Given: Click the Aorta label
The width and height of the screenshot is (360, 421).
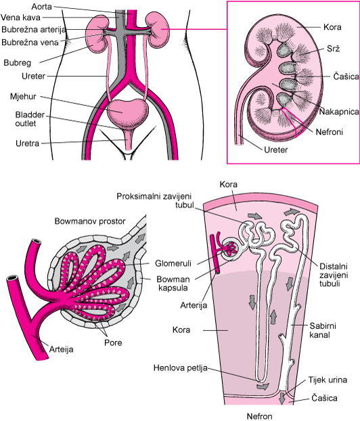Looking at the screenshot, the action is click(x=41, y=7).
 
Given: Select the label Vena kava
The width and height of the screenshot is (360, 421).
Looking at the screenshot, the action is click(x=21, y=18).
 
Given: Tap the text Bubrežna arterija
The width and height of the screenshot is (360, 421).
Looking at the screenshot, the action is click(x=34, y=30).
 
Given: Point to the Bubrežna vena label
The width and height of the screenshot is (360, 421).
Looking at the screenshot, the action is click(x=30, y=43).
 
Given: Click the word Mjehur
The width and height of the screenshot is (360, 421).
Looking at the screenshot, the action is click(x=23, y=97).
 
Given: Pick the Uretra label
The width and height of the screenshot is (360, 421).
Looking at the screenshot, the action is click(x=27, y=143).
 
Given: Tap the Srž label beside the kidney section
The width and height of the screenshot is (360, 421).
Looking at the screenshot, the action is click(x=333, y=48).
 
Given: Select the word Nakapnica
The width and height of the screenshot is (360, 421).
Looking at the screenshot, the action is click(x=339, y=112).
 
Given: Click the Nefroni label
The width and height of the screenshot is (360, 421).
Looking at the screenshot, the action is click(x=330, y=132).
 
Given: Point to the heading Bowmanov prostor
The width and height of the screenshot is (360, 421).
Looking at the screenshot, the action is click(x=90, y=221).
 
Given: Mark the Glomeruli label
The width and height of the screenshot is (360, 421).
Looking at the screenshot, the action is click(x=173, y=263).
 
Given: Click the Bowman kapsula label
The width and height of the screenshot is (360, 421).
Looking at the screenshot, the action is click(x=173, y=284).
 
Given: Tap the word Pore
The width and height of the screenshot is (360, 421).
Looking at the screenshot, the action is click(x=113, y=342).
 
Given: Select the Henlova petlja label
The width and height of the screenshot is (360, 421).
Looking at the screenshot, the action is click(x=181, y=368).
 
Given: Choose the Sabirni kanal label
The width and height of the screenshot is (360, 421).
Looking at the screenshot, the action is click(x=323, y=330).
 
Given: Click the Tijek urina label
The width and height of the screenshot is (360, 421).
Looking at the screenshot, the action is click(x=328, y=380).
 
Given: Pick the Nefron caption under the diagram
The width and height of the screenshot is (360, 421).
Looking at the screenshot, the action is click(x=259, y=416).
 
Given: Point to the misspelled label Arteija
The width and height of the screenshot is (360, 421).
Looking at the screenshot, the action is click(x=61, y=349).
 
